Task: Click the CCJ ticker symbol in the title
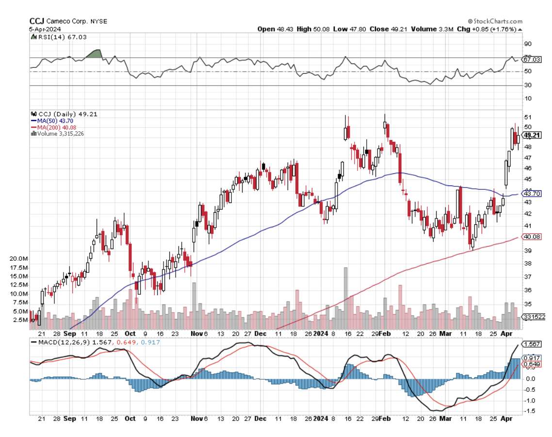click(x=36, y=21)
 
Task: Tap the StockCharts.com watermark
click(x=495, y=21)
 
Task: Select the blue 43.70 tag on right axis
click(x=531, y=193)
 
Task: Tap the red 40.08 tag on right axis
click(x=531, y=237)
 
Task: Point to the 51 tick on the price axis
click(x=527, y=117)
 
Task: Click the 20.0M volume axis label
click(x=18, y=259)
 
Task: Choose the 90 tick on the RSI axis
click(x=527, y=44)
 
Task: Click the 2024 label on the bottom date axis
click(x=320, y=334)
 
